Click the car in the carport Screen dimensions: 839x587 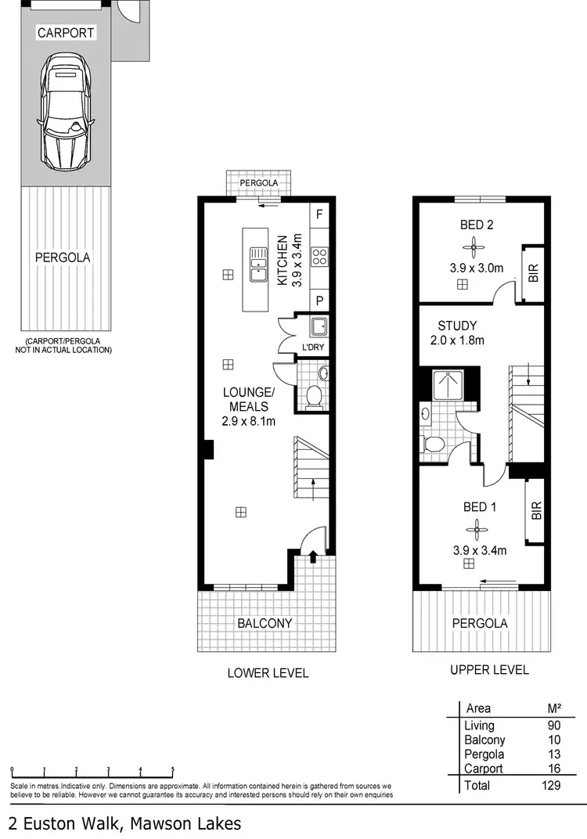click(x=67, y=113)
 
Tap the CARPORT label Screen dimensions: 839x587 click(x=67, y=33)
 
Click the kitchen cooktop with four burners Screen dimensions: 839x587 click(x=319, y=257)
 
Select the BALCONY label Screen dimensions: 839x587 click(x=265, y=623)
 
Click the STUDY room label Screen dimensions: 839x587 click(x=457, y=326)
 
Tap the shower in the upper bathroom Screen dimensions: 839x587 click(x=448, y=384)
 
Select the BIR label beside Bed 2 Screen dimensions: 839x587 click(x=534, y=274)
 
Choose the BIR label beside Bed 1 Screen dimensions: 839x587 click(x=536, y=512)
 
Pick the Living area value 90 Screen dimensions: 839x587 click(x=554, y=726)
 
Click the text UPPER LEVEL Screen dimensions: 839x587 click(x=490, y=669)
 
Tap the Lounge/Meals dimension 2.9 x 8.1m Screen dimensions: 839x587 click(x=249, y=423)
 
